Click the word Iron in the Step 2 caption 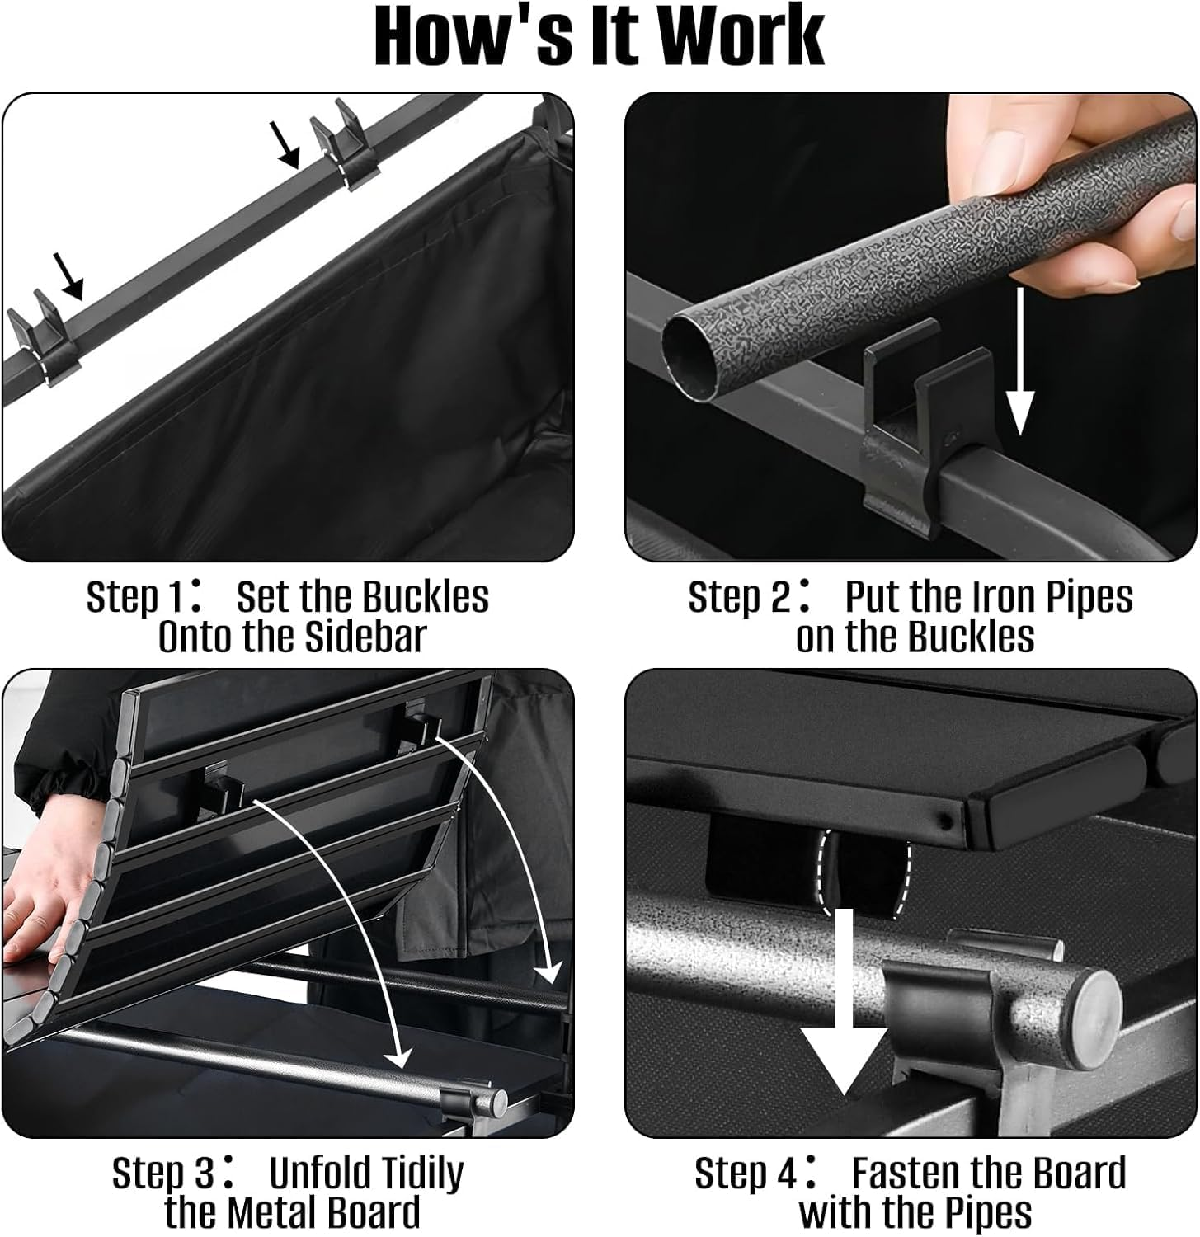point(966,598)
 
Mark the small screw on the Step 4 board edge point(947,821)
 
